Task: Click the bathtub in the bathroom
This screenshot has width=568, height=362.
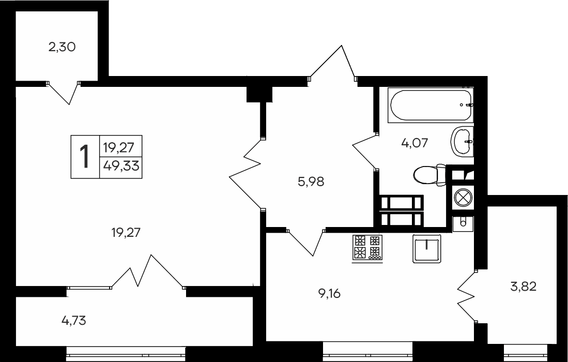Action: (431, 105)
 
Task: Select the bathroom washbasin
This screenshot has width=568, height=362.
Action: (462, 141)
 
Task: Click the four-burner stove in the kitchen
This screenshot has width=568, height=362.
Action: (367, 247)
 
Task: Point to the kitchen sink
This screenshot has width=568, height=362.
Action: (426, 249)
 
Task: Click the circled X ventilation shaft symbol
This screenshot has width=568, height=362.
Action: (462, 198)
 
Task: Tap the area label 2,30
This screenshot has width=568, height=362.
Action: (62, 48)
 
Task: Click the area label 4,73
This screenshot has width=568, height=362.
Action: (73, 321)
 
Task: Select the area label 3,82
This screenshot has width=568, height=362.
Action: (523, 285)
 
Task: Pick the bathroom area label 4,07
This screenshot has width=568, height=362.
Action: (415, 142)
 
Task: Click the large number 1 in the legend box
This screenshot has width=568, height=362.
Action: (84, 157)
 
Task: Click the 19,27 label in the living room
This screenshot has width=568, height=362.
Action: (126, 233)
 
